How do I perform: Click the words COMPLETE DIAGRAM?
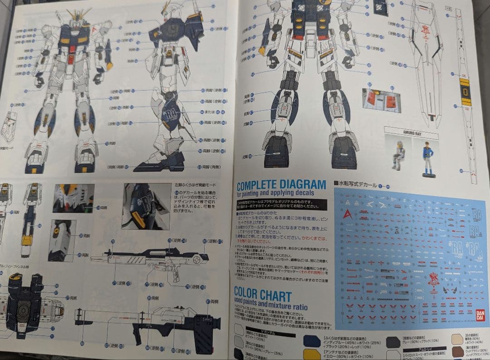(x=281, y=185)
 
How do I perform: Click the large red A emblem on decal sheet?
(x=347, y=214)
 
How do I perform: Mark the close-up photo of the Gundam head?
(x=73, y=199)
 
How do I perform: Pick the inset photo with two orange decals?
(x=381, y=99)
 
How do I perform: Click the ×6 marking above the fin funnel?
(x=449, y=8)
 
